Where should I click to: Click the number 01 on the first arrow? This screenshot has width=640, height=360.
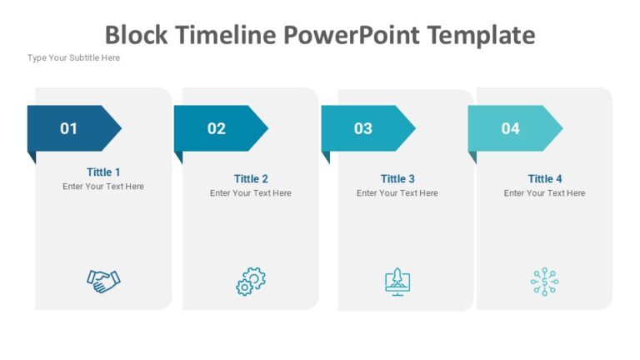[x=68, y=128]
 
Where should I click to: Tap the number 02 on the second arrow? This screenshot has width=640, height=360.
[x=217, y=128]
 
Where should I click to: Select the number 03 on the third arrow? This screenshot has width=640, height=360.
[x=363, y=128]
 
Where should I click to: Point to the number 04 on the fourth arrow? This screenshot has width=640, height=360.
[x=510, y=128]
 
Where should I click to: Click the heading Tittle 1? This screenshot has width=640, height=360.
[x=103, y=172]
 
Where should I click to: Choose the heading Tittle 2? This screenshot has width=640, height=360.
[x=251, y=178]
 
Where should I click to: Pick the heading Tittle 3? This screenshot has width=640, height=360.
[x=397, y=178]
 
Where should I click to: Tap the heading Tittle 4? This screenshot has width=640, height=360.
[x=545, y=178]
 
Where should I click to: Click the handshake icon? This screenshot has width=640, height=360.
[x=103, y=281]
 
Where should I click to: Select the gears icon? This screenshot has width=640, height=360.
[x=250, y=282]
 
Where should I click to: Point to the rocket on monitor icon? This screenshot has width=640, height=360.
[x=397, y=282]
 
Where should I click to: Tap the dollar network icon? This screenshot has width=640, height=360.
[x=544, y=282]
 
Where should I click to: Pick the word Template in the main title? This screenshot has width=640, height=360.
[x=480, y=35]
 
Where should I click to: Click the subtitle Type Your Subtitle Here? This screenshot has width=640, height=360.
[x=73, y=57]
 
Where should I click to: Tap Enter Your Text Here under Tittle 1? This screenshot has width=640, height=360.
[x=103, y=187]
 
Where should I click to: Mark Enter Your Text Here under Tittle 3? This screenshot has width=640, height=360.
[x=397, y=193]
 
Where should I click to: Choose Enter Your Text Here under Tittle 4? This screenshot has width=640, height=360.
[x=545, y=193]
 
